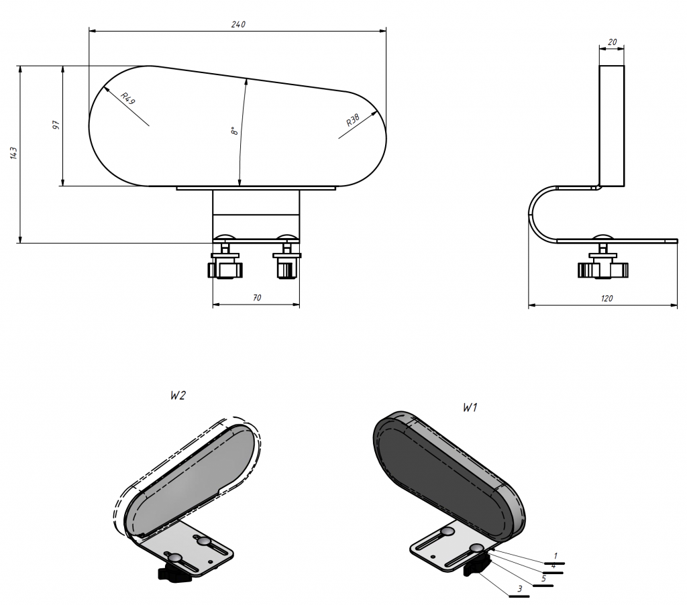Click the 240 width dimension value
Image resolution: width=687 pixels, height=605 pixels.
point(238,25)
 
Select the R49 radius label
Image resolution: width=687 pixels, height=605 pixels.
point(128,99)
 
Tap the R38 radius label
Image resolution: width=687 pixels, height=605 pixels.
point(353,120)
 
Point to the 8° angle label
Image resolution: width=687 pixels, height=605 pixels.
point(235,131)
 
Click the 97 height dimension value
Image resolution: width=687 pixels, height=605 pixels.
point(56,125)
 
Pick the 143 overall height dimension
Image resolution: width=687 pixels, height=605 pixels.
point(13,153)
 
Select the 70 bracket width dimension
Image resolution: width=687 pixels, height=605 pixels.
point(257,298)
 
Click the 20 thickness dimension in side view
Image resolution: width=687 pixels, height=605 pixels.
point(612,42)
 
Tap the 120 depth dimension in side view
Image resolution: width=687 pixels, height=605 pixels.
point(606,298)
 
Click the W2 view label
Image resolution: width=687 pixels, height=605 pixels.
point(178,396)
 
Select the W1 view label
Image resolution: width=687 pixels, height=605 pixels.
point(470,407)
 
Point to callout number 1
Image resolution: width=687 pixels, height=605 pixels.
point(555,557)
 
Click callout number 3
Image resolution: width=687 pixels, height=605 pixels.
point(520,589)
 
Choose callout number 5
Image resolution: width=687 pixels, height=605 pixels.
point(543,579)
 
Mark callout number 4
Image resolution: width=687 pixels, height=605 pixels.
point(553,566)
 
